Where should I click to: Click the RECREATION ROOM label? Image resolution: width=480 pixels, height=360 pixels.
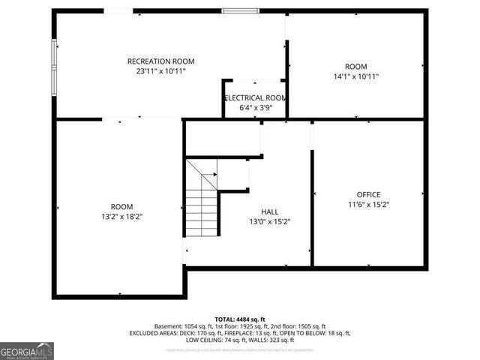(x=160, y=61)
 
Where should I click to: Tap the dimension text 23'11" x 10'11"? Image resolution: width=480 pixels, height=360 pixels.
(x=160, y=71)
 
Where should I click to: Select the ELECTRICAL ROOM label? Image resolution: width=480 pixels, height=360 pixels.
(x=255, y=98)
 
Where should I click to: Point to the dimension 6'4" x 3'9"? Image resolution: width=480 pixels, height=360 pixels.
(x=255, y=108)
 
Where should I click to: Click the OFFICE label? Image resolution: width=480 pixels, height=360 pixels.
(x=368, y=194)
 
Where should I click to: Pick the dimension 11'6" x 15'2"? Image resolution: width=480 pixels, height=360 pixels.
(x=368, y=204)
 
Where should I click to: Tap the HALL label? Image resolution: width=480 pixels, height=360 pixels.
(x=270, y=211)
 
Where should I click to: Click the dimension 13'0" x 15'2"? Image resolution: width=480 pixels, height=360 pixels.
(x=270, y=221)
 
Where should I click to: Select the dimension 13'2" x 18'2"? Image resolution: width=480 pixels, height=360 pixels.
(x=121, y=217)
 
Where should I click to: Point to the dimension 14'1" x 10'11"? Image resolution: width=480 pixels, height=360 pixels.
(x=355, y=76)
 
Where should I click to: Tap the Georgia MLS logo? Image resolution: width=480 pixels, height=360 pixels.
(x=27, y=351)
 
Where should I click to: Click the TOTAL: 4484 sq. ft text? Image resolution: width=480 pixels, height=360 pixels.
(x=240, y=319)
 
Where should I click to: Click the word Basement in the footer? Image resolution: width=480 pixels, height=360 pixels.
(x=169, y=326)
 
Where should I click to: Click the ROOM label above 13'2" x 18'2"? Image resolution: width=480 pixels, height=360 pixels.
(x=121, y=207)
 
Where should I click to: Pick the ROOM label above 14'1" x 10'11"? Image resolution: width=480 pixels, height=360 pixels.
(x=355, y=67)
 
